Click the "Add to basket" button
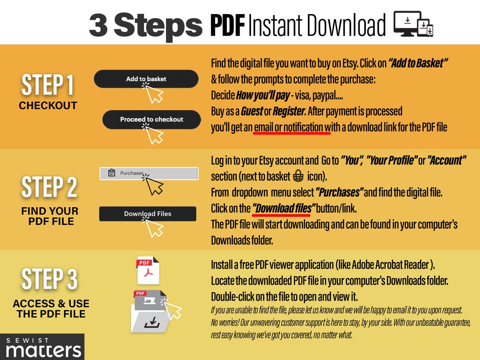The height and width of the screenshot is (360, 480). pos(146,79)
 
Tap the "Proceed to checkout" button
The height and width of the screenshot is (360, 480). pos(151,119)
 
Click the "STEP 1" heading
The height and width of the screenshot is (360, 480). pos(48,85)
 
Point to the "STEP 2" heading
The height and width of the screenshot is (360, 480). pos(49,187)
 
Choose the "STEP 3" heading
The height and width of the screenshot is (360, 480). pos(49,279)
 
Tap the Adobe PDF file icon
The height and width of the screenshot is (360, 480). pos(148,271)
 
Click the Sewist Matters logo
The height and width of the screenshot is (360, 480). pos(42,347)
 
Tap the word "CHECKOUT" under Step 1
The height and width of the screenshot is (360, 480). pos(48,106)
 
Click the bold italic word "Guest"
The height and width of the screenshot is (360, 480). pos(252,112)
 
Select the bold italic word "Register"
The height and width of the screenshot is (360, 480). pos(288,112)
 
